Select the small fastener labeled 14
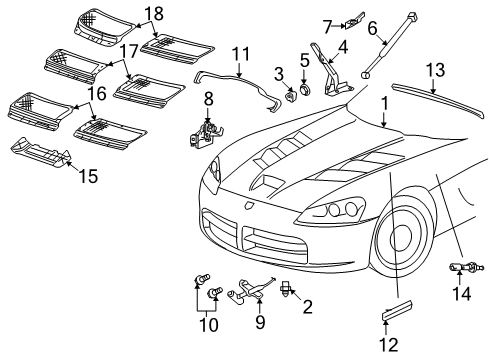[x=462, y=267]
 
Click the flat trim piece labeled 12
[x=398, y=317]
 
